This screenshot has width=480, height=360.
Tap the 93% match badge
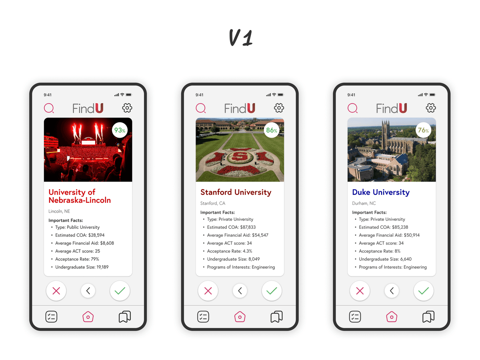click(x=120, y=130)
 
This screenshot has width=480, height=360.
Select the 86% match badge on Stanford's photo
click(x=272, y=130)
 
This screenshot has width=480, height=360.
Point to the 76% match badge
click(x=423, y=130)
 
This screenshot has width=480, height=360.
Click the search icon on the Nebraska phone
click(x=49, y=108)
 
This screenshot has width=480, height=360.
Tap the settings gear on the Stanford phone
click(x=279, y=108)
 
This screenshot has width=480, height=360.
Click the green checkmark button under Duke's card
click(x=423, y=291)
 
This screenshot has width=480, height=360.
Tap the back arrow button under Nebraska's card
click(x=88, y=291)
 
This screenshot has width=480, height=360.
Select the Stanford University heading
click(x=236, y=192)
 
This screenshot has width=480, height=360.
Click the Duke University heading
click(x=381, y=192)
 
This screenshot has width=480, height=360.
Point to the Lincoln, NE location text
click(x=59, y=211)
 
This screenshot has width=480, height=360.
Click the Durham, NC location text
click(x=364, y=203)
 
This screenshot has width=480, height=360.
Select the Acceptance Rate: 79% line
click(x=77, y=259)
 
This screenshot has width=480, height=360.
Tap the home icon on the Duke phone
click(x=392, y=317)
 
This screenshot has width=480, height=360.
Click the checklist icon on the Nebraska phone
click(x=51, y=317)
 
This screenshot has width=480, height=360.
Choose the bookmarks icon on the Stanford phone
click(x=276, y=317)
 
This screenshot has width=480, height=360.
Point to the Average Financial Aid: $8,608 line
click(x=84, y=243)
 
